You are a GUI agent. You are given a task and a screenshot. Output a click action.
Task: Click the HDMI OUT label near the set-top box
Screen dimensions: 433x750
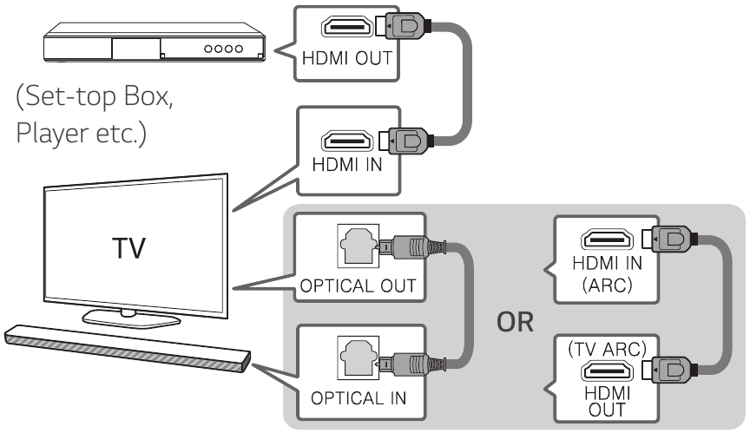[x=347, y=59]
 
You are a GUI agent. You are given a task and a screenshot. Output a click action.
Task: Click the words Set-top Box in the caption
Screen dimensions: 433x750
[x=95, y=99]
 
